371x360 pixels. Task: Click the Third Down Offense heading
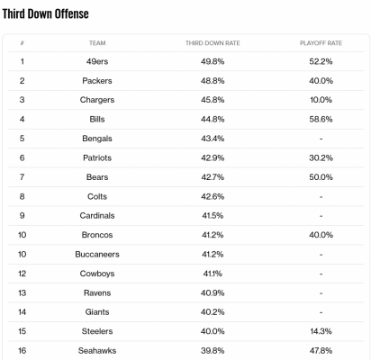pyautogui.click(x=46, y=13)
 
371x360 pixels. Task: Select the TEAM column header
pyautogui.click(x=97, y=43)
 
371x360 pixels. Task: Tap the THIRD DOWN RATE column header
pyautogui.click(x=213, y=43)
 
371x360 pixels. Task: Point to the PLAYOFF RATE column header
pyautogui.click(x=321, y=43)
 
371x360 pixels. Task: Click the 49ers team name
pyautogui.click(x=97, y=61)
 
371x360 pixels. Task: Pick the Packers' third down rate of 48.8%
pyautogui.click(x=213, y=81)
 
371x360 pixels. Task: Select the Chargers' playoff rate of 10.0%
pyautogui.click(x=321, y=100)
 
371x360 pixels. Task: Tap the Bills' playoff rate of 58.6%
pyautogui.click(x=321, y=120)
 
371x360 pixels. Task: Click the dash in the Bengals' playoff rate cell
pyautogui.click(x=321, y=139)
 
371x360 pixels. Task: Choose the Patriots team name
pyautogui.click(x=97, y=157)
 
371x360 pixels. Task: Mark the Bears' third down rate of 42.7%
pyautogui.click(x=213, y=177)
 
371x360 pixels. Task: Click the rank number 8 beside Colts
pyautogui.click(x=22, y=196)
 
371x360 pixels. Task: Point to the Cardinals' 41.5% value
pyautogui.click(x=213, y=216)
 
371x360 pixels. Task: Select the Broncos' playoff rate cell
pyautogui.click(x=321, y=235)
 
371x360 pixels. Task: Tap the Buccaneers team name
pyautogui.click(x=97, y=255)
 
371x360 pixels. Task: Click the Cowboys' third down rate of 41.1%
pyautogui.click(x=213, y=274)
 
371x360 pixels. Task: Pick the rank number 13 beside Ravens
pyautogui.click(x=22, y=292)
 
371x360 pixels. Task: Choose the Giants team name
pyautogui.click(x=97, y=312)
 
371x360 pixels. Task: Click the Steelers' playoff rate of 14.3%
pyautogui.click(x=321, y=331)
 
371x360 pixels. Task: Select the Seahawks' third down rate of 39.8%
pyautogui.click(x=213, y=351)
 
